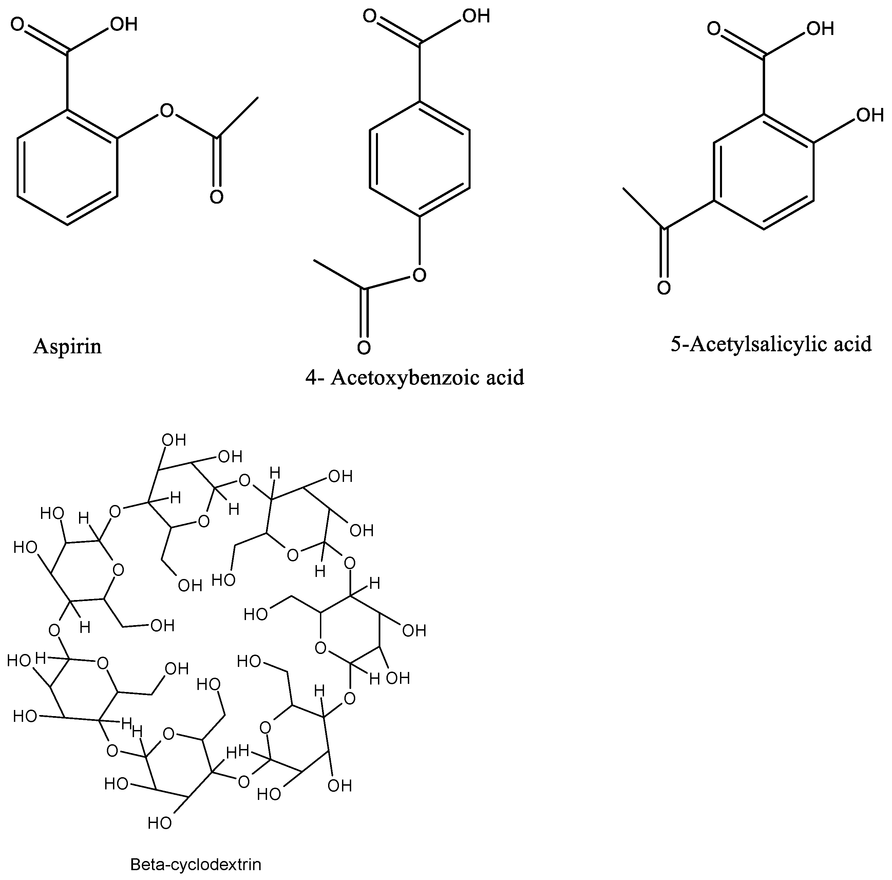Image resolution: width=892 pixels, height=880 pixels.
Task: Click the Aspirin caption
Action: point(68,346)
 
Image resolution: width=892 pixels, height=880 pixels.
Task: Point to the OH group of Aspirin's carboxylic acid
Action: point(124,24)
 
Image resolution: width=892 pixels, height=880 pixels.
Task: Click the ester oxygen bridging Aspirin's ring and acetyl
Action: point(166,111)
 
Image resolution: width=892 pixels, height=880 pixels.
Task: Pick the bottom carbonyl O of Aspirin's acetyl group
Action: point(216,197)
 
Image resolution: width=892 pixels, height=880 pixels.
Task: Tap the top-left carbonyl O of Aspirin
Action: point(18,24)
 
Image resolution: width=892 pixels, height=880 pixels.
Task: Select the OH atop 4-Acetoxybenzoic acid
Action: point(476,16)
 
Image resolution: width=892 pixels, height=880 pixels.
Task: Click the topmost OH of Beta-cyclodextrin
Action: point(174,440)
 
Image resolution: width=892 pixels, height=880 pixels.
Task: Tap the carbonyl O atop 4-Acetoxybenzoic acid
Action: point(370,16)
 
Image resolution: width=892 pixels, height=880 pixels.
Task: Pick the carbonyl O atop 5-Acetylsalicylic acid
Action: point(714,29)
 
